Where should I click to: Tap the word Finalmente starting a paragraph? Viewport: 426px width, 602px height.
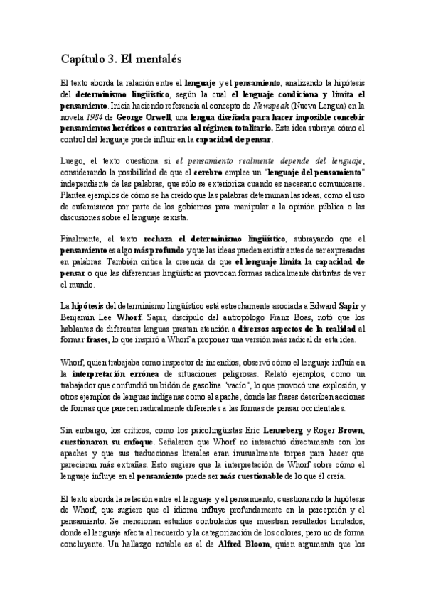tap(80, 239)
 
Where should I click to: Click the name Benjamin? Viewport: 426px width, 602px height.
tap(80, 318)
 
